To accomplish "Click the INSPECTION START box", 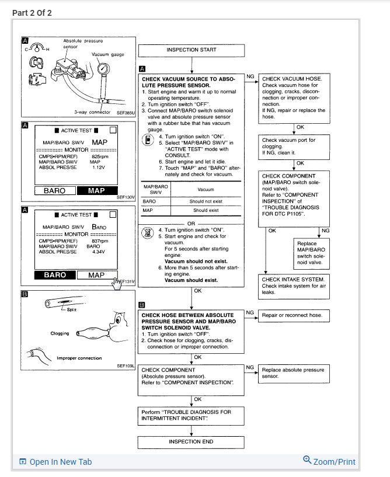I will pyautogui.click(x=191, y=50).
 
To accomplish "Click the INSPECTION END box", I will pyautogui.click(x=191, y=441).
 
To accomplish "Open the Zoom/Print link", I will pyautogui.click(x=329, y=461).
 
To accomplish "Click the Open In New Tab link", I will pyautogui.click(x=55, y=462).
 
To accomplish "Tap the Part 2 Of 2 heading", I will pyautogui.click(x=32, y=13).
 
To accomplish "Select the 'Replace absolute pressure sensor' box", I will pyautogui.click(x=293, y=373).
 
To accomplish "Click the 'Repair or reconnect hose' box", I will pyautogui.click(x=293, y=315).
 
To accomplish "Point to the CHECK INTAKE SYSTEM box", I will pyautogui.click(x=293, y=285).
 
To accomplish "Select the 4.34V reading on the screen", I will pyautogui.click(x=96, y=252).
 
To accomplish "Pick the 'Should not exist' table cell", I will pyautogui.click(x=205, y=201).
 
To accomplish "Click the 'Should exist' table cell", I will pyautogui.click(x=205, y=210).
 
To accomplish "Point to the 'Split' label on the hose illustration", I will pyautogui.click(x=72, y=309).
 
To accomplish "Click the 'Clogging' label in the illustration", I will pyautogui.click(x=60, y=333).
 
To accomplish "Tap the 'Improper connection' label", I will pyautogui.click(x=79, y=358).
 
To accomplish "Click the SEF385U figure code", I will pyautogui.click(x=125, y=112).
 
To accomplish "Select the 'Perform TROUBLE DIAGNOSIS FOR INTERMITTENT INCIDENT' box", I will pyautogui.click(x=191, y=415).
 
